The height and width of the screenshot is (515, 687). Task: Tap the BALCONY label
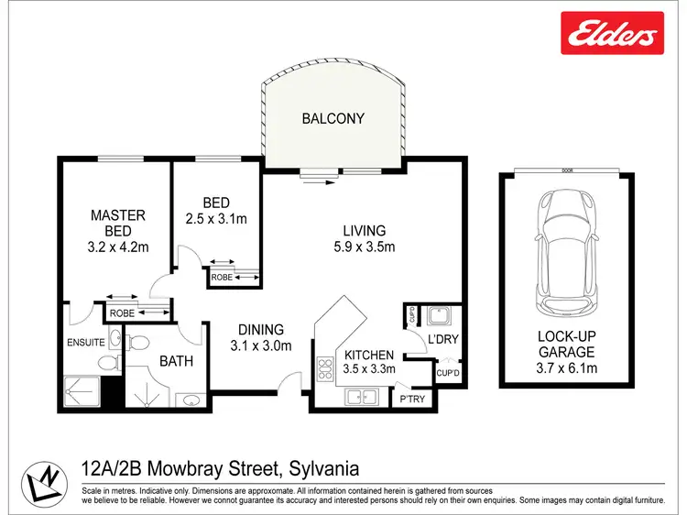[333, 118]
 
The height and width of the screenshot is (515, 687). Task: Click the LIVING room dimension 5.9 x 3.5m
[364, 247]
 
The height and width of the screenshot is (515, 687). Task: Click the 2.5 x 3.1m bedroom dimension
[217, 218]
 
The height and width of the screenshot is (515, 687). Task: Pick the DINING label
[261, 329]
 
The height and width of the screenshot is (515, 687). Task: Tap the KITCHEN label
[368, 355]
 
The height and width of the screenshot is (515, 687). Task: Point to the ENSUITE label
[86, 344]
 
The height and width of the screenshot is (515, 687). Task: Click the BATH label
[177, 361]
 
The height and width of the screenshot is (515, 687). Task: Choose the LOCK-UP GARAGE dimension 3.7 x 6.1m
[566, 368]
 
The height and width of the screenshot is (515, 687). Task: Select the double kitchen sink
[361, 398]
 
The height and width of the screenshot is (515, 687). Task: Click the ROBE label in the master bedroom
[122, 312]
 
